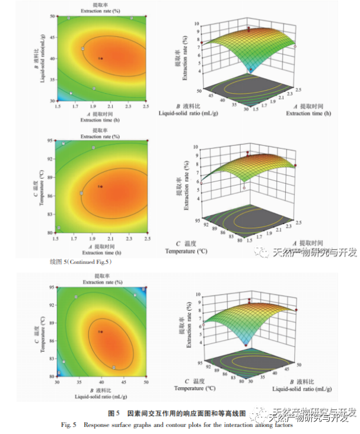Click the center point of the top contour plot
pos(101,58)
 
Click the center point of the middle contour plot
pos(101,186)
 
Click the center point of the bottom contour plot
pos(101,331)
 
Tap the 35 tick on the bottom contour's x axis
pos(79,381)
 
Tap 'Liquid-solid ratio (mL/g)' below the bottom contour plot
pos(101,395)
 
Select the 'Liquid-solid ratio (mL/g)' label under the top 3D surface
pos(188,111)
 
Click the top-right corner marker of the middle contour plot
pos(147,141)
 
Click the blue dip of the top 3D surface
pos(251,69)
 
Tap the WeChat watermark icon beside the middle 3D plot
pos(262,253)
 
